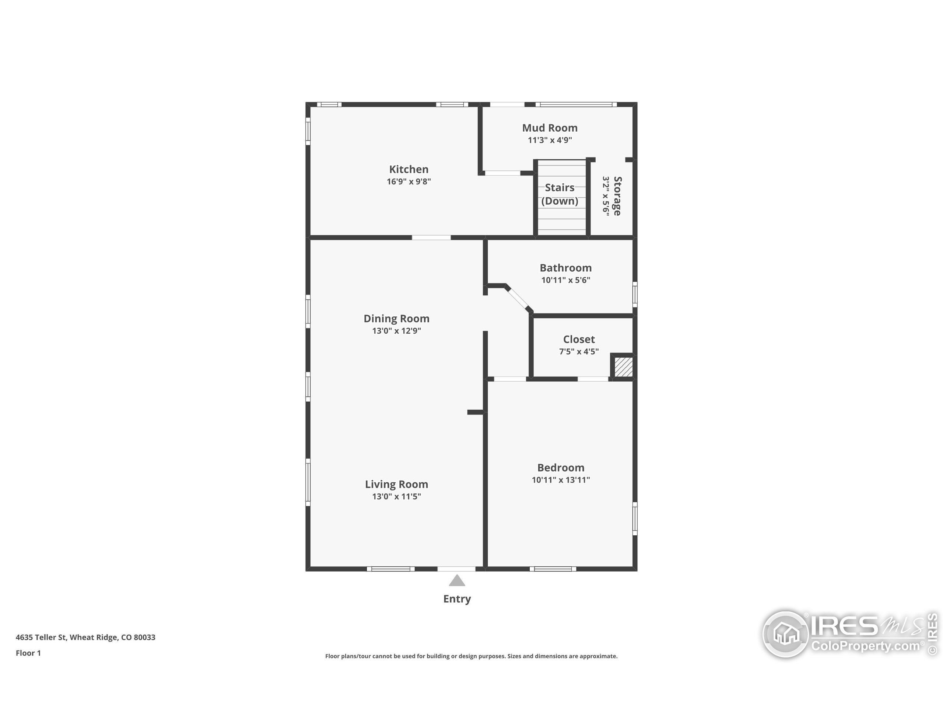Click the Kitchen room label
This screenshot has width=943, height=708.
click(409, 169)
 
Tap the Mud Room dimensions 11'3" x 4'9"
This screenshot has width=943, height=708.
click(550, 140)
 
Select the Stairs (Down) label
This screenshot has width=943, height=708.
click(559, 194)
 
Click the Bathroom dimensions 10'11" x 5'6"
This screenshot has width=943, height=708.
click(565, 280)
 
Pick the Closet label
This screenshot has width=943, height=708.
click(578, 339)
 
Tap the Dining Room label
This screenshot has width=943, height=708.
click(396, 319)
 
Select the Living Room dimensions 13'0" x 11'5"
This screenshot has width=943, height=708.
click(396, 496)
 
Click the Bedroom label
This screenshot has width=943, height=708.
click(560, 468)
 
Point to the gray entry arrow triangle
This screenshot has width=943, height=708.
click(456, 581)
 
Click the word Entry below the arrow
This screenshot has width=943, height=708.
click(456, 599)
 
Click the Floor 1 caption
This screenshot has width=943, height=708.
click(28, 653)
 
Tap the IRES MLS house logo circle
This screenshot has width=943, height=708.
click(785, 634)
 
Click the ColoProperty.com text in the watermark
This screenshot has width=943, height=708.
click(865, 646)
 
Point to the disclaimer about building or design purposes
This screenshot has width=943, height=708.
click(471, 656)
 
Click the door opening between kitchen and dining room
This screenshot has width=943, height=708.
click(431, 237)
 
